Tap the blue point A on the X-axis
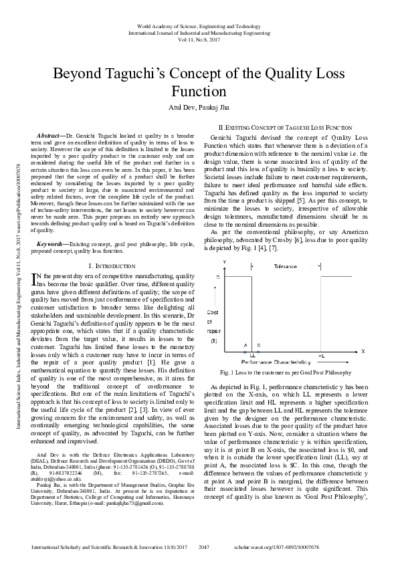tap(245, 350)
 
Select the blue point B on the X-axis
tap(258, 350)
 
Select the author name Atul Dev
tap(179, 106)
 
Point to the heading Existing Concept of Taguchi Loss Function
tap(286, 126)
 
